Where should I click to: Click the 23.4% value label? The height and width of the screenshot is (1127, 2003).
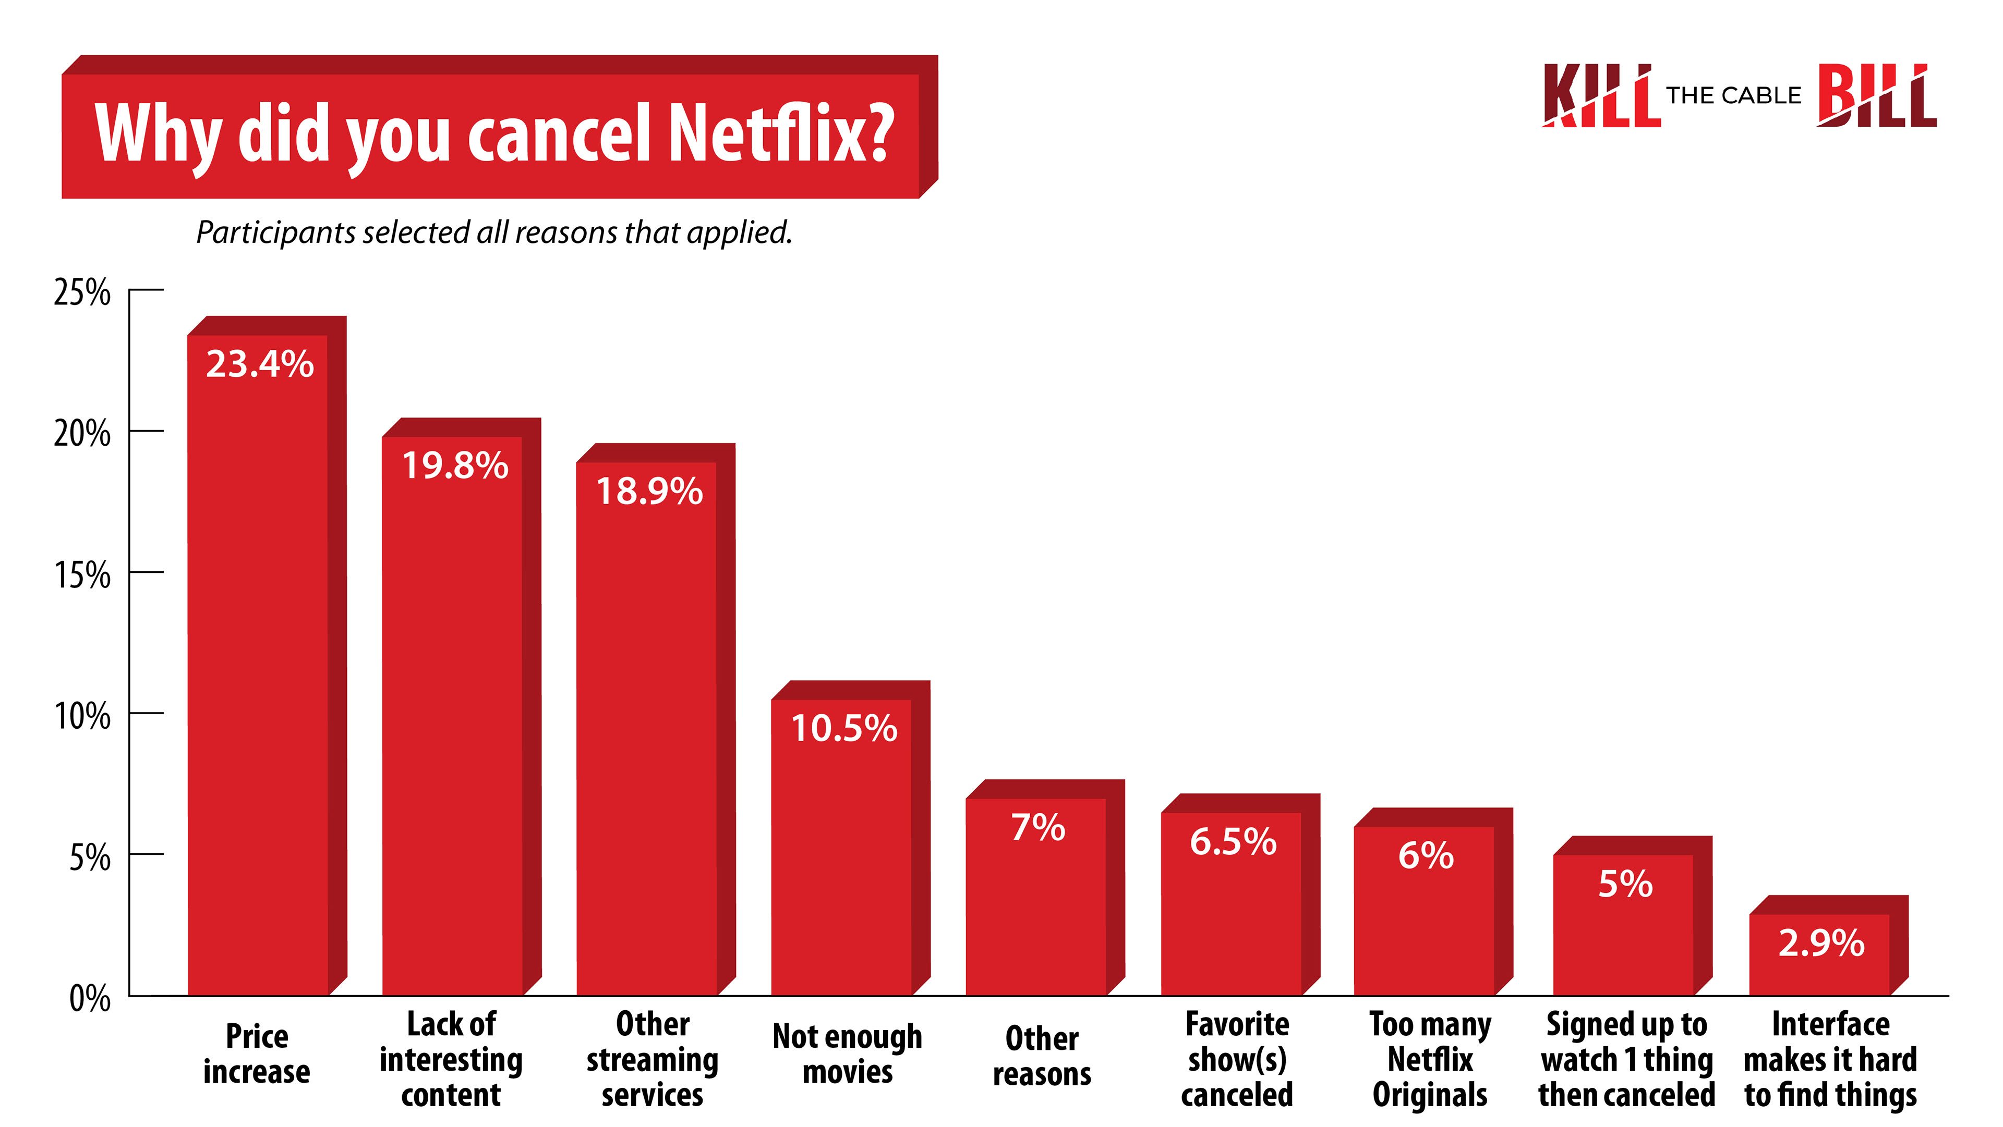(x=260, y=364)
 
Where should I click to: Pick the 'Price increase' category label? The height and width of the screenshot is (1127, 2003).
(x=257, y=1054)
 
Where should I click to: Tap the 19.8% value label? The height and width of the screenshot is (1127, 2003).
(x=455, y=465)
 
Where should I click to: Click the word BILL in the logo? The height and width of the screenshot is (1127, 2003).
(x=1876, y=96)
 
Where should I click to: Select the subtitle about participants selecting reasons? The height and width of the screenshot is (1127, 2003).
(x=494, y=232)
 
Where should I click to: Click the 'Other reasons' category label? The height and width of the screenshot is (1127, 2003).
(x=1042, y=1056)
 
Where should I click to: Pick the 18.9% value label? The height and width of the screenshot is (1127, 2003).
(x=649, y=491)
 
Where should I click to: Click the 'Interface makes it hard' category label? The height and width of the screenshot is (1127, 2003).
(x=1830, y=1059)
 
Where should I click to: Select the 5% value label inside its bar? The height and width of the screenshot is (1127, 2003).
(x=1625, y=884)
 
